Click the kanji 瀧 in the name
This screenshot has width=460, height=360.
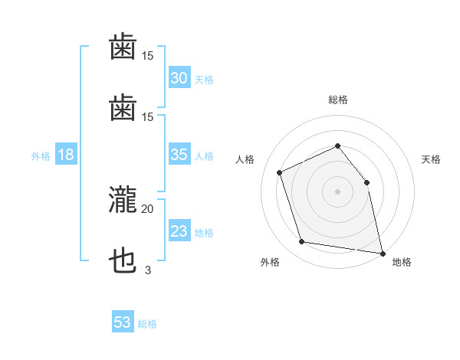point(123,200)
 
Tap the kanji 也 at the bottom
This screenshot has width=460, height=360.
point(123,260)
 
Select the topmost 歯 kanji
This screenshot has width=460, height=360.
point(123,46)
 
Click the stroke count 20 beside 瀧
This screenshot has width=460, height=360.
point(147,209)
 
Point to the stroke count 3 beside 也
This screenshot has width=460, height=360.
point(148,270)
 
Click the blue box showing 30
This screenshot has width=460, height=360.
point(179,77)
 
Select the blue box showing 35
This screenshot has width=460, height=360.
point(179,154)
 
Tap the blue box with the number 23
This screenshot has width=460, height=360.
point(179,230)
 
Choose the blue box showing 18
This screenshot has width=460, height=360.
point(66,154)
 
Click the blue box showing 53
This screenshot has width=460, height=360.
point(123,321)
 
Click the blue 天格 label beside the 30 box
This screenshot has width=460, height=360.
point(204,80)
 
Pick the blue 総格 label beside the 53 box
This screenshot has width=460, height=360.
point(147,324)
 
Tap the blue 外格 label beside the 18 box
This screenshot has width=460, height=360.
point(41,156)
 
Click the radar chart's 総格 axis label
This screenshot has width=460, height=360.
point(338,100)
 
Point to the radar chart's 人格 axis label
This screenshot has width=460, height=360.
point(245,159)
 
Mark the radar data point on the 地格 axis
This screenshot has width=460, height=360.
point(383,254)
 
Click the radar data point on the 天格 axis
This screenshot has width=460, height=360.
point(366,182)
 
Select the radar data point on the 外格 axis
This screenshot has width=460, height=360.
point(302,241)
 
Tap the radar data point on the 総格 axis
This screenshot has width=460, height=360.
point(338,146)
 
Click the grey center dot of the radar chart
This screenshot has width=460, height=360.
point(337,191)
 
